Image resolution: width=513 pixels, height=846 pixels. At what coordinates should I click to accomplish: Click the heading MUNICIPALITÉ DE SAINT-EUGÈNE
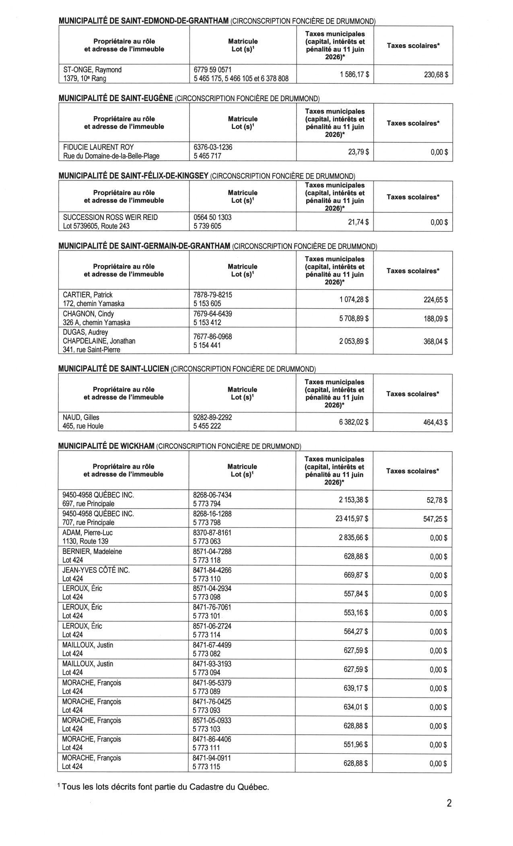coord(116,98)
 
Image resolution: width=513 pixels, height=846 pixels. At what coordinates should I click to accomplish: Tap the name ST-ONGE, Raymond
coord(92,70)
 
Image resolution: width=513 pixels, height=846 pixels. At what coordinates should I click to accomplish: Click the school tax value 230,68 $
coord(436,75)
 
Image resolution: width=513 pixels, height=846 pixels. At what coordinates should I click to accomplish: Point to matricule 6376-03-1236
coord(213,147)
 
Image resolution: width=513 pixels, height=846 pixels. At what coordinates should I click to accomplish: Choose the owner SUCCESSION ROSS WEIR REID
coord(110,218)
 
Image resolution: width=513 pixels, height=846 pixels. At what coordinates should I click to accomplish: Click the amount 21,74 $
coord(358,222)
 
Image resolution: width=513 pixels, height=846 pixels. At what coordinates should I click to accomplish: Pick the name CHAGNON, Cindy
coord(88,314)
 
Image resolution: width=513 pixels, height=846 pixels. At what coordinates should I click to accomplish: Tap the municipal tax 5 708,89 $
coord(354,319)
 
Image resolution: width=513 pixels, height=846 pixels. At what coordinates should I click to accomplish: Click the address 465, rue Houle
coord(83,426)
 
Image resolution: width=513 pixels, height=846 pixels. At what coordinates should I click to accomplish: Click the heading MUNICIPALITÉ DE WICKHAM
coord(106,446)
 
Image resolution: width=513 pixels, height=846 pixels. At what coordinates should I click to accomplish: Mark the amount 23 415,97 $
coord(352,518)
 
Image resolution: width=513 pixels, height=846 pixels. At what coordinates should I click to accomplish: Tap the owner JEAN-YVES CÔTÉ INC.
coord(96,570)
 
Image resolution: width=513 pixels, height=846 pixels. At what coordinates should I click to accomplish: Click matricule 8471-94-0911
coord(212,758)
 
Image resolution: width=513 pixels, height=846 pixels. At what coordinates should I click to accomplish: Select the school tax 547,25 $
coord(435,518)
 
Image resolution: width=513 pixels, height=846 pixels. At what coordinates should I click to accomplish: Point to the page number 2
coord(449,803)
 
